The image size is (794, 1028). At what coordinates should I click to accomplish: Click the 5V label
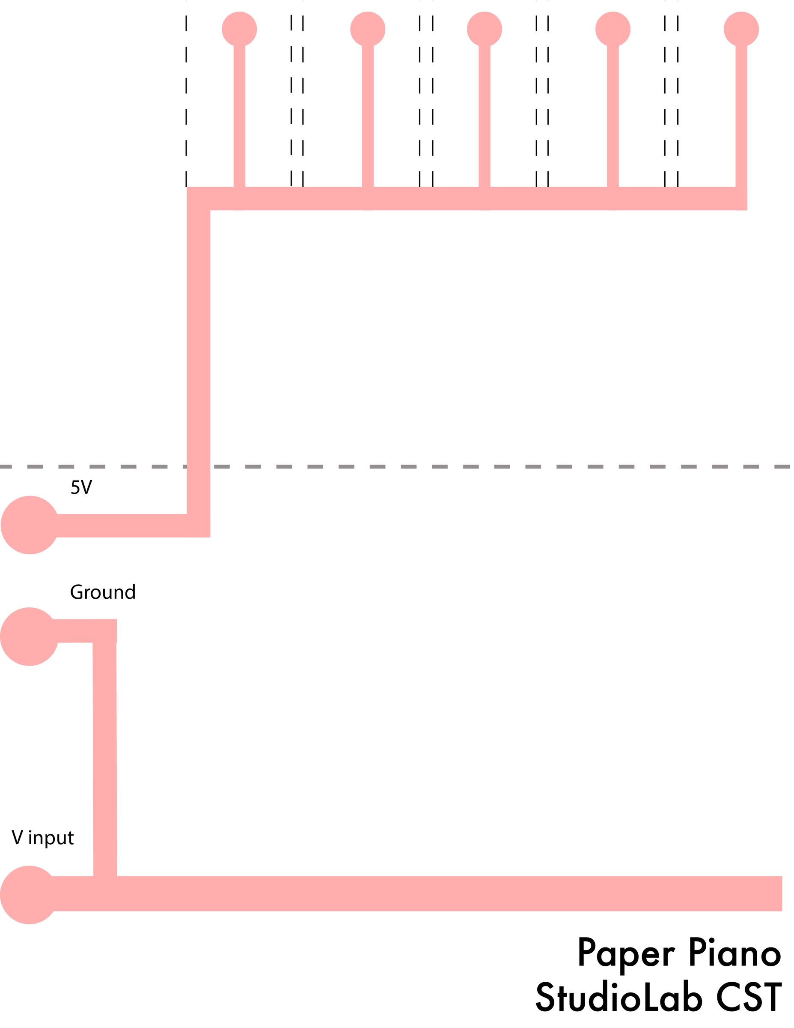click(81, 487)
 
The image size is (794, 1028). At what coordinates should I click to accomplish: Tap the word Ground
click(103, 592)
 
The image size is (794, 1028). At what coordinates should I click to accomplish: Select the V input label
click(43, 838)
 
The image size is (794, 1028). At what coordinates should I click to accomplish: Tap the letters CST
click(748, 998)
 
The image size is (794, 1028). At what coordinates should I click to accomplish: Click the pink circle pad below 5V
click(30, 525)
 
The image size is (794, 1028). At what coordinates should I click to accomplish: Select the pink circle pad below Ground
click(29, 637)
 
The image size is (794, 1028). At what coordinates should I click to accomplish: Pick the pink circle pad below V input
click(29, 895)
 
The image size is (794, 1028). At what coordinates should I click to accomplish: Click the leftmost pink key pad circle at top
click(239, 29)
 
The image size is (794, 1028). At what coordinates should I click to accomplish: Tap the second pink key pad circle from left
click(368, 29)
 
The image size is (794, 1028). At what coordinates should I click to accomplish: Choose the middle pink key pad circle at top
click(485, 29)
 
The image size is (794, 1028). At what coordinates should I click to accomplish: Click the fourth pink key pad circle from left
click(613, 29)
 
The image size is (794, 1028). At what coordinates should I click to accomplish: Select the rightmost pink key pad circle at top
click(741, 29)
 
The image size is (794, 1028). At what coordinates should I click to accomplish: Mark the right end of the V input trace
click(782, 894)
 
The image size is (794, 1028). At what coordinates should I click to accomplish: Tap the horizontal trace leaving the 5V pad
click(122, 525)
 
